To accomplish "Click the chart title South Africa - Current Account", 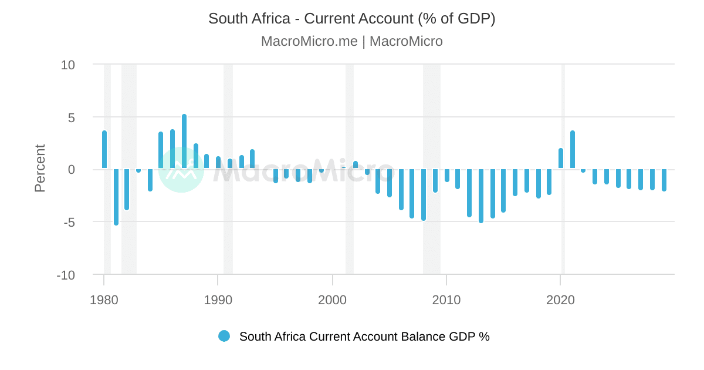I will pyautogui.click(x=352, y=19).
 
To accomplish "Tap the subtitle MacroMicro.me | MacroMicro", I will pyautogui.click(x=352, y=42).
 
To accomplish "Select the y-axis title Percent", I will pyautogui.click(x=40, y=169).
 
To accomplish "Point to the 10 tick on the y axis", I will pyautogui.click(x=68, y=65).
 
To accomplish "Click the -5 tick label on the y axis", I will pyautogui.click(x=68, y=222).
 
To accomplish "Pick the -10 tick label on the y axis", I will pyautogui.click(x=66, y=275).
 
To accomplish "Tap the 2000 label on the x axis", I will pyautogui.click(x=333, y=300).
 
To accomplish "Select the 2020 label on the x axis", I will pyautogui.click(x=561, y=300).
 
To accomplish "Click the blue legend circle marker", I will pyautogui.click(x=224, y=337).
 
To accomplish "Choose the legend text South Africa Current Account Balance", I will pyautogui.click(x=364, y=337).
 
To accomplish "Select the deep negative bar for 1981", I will pyautogui.click(x=116, y=197).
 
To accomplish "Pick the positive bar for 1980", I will pyautogui.click(x=104, y=150).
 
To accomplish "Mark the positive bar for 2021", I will pyautogui.click(x=573, y=150).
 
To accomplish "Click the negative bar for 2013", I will pyautogui.click(x=481, y=196).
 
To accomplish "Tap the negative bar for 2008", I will pyautogui.click(x=424, y=194).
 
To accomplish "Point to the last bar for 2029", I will pyautogui.click(x=664, y=180).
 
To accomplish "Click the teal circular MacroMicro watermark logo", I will pyautogui.click(x=181, y=170).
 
